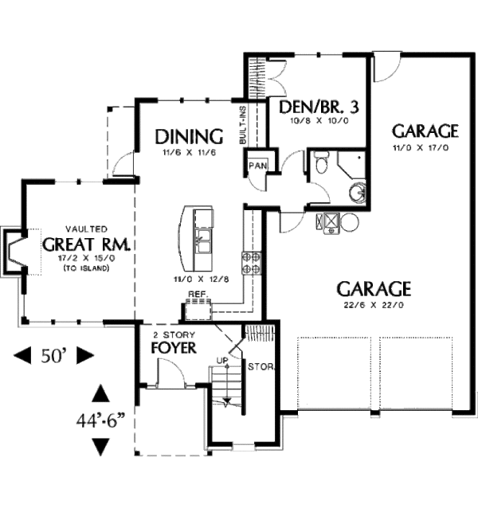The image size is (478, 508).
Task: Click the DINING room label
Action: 189,137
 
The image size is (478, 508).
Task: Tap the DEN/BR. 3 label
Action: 319,107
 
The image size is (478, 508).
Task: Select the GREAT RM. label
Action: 87,245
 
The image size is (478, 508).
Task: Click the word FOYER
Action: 174,348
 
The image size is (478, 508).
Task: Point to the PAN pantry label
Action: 257,166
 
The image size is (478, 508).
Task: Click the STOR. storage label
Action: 261,367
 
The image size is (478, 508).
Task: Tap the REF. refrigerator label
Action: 198,294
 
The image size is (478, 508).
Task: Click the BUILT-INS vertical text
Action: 242,125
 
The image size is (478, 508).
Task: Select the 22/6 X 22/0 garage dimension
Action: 374,305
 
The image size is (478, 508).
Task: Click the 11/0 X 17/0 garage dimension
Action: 421,148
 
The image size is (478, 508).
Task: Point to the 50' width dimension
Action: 53,356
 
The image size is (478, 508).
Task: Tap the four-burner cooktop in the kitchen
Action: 251,264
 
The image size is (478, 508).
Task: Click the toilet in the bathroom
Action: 322,162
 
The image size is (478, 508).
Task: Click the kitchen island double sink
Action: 203,241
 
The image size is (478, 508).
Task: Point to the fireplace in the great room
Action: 13,252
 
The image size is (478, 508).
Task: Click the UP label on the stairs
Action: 222,360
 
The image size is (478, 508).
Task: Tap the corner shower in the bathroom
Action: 351,164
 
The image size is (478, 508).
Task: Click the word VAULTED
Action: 87,229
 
